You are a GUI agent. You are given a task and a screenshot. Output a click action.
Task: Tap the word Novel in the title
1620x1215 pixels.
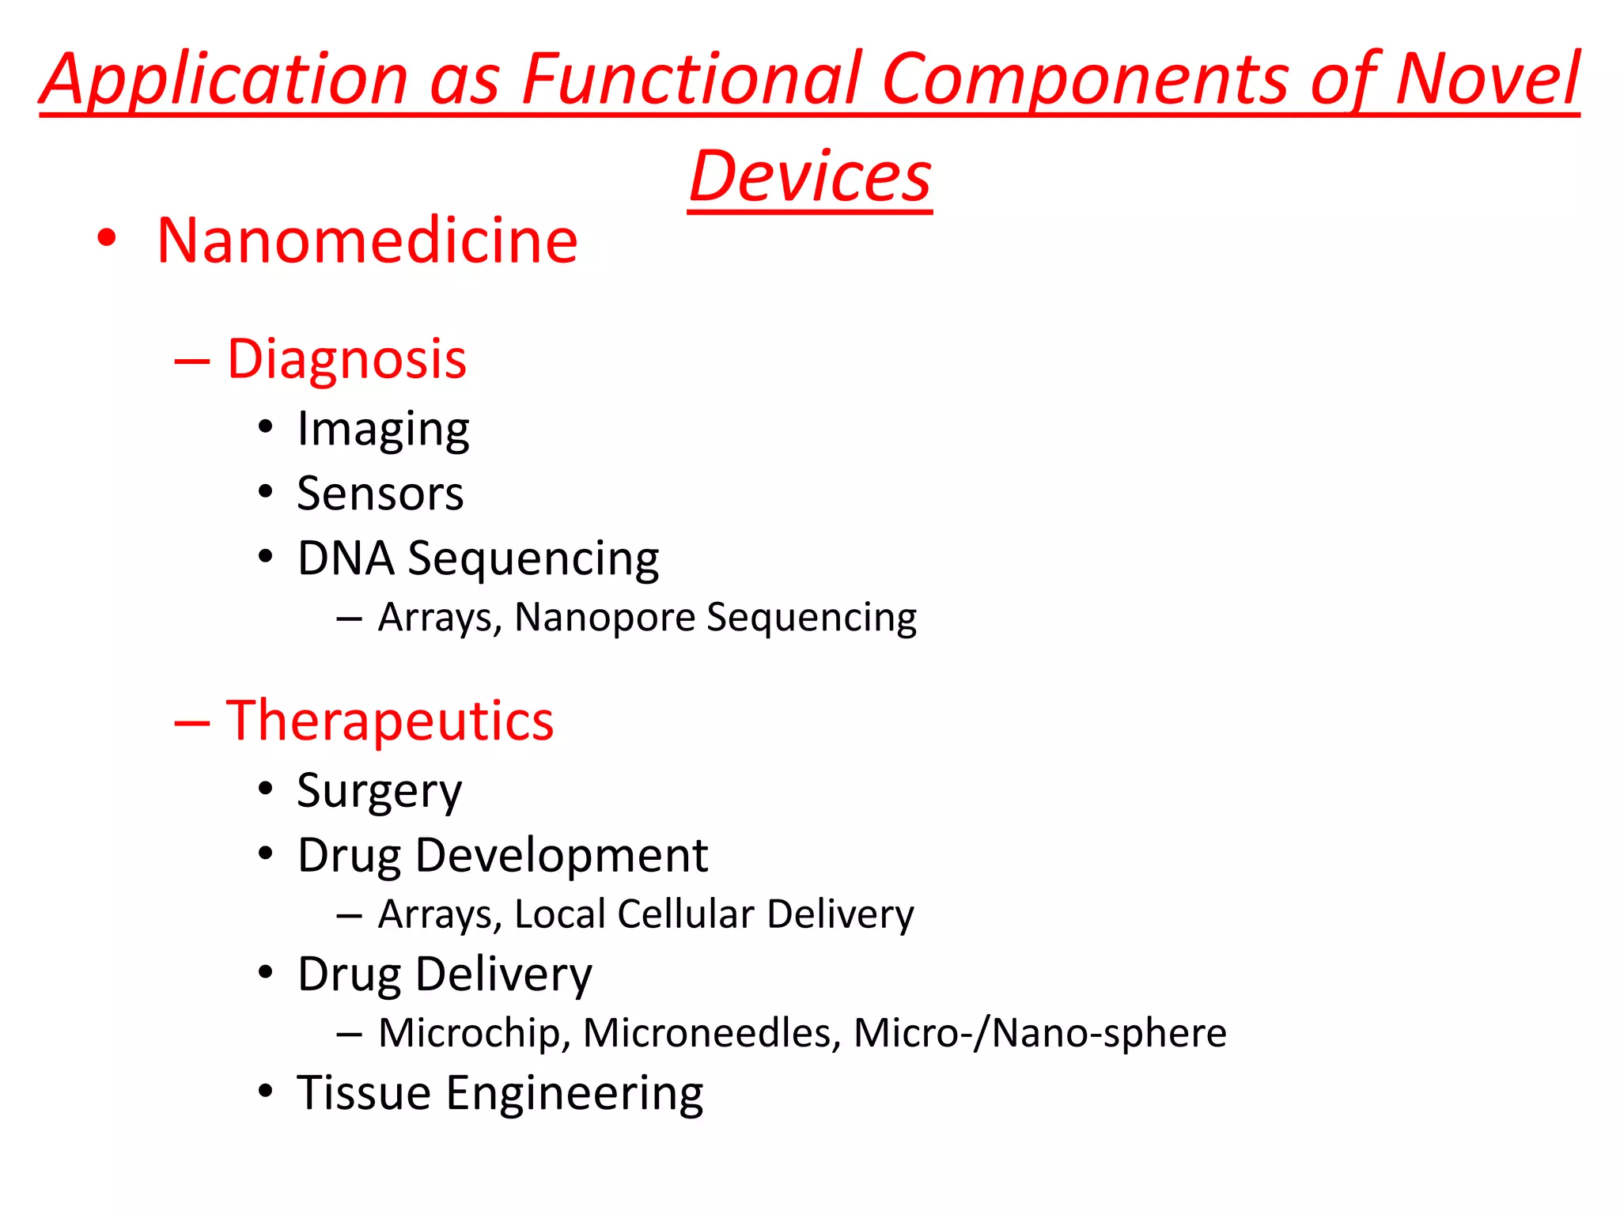pos(1487,79)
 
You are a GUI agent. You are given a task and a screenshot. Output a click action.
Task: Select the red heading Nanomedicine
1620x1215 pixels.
pos(367,240)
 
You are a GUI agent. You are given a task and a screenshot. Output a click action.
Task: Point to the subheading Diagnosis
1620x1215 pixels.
pos(346,360)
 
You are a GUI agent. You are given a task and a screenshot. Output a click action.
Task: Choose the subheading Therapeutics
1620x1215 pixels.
pos(389,721)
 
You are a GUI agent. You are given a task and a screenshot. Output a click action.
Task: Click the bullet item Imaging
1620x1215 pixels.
pos(383,430)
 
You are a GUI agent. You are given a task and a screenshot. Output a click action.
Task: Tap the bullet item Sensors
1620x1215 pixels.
pos(380,494)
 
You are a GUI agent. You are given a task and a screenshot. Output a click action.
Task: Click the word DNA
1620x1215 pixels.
pos(346,558)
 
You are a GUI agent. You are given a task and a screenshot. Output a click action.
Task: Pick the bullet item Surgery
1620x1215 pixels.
pos(379,791)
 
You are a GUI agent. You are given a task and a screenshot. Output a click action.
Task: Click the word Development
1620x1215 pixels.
pos(561,856)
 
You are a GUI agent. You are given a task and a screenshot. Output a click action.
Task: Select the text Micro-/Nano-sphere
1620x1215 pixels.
pos(1039,1033)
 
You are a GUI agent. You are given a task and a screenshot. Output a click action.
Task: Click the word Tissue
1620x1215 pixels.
pos(364,1093)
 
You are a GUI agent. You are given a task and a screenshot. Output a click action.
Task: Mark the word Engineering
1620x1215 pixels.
pos(574,1095)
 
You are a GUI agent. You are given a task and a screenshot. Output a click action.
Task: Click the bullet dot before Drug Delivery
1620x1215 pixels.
pos(266,972)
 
